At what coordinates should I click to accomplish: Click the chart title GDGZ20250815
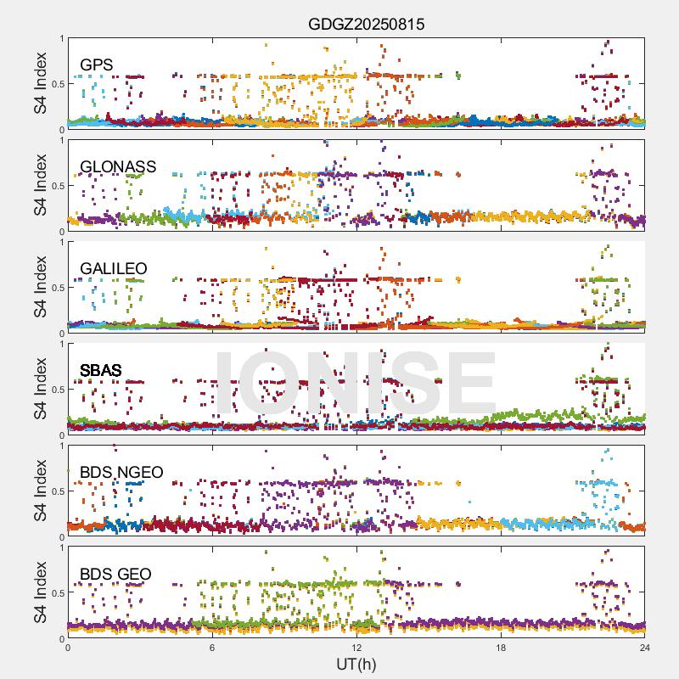click(366, 25)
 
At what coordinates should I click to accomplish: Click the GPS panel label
click(97, 65)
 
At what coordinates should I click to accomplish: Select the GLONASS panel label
click(118, 166)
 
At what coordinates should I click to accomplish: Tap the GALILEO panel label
click(113, 268)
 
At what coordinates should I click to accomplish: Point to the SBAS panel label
click(100, 370)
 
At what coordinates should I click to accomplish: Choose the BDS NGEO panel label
click(121, 472)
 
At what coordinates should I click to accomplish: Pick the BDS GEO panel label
click(115, 575)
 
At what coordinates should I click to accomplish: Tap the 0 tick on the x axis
click(68, 648)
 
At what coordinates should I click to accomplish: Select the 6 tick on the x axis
click(212, 648)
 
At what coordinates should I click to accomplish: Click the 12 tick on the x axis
click(356, 648)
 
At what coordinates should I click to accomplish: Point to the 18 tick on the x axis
click(501, 648)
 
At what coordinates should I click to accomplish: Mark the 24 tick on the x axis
click(645, 648)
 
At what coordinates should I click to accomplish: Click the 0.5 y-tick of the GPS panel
click(56, 84)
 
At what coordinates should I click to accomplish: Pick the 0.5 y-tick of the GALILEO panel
click(56, 288)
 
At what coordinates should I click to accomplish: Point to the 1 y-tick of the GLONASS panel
click(61, 140)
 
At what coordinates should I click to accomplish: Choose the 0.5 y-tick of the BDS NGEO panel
click(56, 491)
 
